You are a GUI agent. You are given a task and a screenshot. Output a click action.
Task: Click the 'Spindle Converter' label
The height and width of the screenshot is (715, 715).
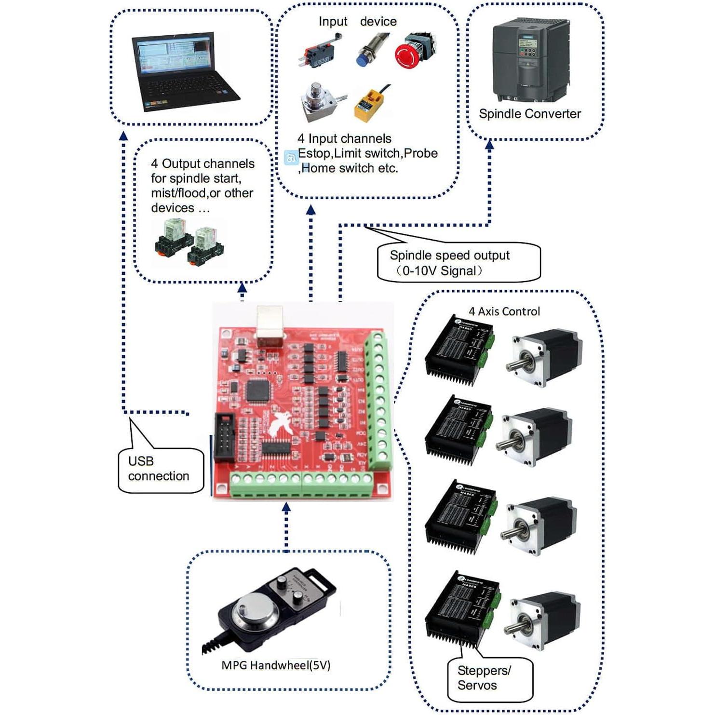click(x=529, y=114)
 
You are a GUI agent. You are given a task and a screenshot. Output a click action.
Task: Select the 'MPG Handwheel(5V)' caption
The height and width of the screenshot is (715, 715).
click(x=276, y=665)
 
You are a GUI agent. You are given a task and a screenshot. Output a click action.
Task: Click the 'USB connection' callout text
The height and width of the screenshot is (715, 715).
click(x=158, y=469)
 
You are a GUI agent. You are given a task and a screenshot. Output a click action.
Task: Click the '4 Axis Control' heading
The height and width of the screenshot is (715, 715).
click(x=504, y=311)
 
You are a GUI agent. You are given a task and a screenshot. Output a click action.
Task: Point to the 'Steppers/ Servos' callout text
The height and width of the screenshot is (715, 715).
click(x=484, y=678)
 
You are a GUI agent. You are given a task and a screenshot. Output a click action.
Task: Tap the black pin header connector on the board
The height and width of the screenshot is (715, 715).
click(x=224, y=437)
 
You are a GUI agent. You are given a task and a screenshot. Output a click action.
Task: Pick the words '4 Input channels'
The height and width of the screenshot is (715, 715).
click(x=344, y=139)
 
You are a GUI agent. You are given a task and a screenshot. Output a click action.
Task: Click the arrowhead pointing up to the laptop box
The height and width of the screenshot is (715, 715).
click(x=123, y=136)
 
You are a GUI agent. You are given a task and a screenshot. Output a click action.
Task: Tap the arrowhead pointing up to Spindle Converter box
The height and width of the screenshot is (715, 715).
click(x=489, y=144)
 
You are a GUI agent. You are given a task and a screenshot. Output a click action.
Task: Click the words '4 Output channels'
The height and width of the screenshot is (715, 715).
click(x=202, y=164)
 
